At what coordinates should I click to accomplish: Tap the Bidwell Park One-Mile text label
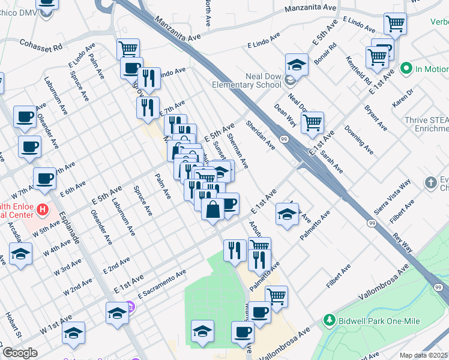[372, 320]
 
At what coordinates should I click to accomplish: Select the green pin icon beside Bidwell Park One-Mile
[328, 320]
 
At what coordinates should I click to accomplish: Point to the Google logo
[20, 353]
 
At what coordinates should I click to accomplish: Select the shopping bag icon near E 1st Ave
[213, 210]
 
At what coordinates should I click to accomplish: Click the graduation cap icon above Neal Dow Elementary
[296, 65]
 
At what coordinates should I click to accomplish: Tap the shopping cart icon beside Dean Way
[312, 123]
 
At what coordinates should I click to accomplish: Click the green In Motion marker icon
[406, 69]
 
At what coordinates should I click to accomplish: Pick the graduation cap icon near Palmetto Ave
[288, 214]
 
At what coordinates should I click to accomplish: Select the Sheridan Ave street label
[260, 135]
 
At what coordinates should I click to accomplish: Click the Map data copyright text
[424, 355]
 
